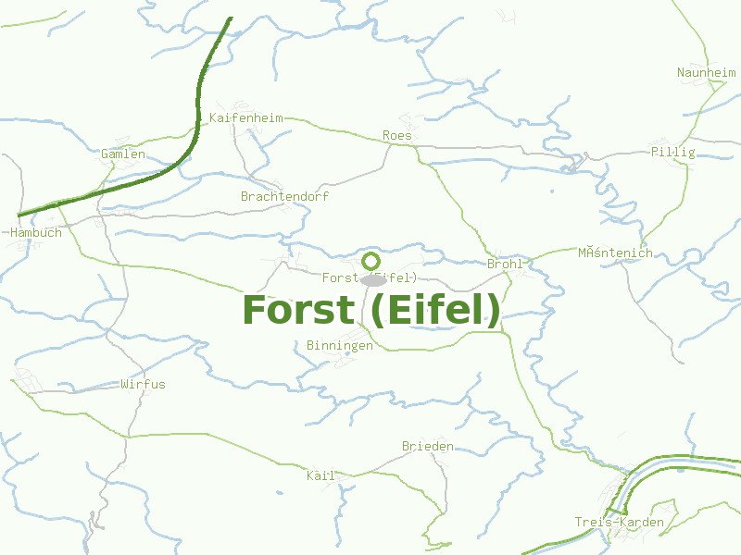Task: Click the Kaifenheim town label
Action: pos(245,118)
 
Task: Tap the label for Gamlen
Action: pos(123,154)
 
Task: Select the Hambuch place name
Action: pos(36,232)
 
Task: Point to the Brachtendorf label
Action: pos(284,196)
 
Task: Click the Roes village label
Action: pos(396,136)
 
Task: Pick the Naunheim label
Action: pos(705,72)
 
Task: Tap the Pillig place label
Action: pos(672,152)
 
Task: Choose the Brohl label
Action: pos(505,264)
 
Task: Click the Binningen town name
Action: pos(339,345)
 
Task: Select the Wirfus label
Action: pos(143,383)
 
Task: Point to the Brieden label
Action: pos(427,446)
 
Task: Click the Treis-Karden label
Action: pos(619,523)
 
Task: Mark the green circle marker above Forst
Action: pos(371,261)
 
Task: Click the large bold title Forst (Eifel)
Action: pos(371,310)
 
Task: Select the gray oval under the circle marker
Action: pos(373,279)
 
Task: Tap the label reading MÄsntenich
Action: pos(615,253)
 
